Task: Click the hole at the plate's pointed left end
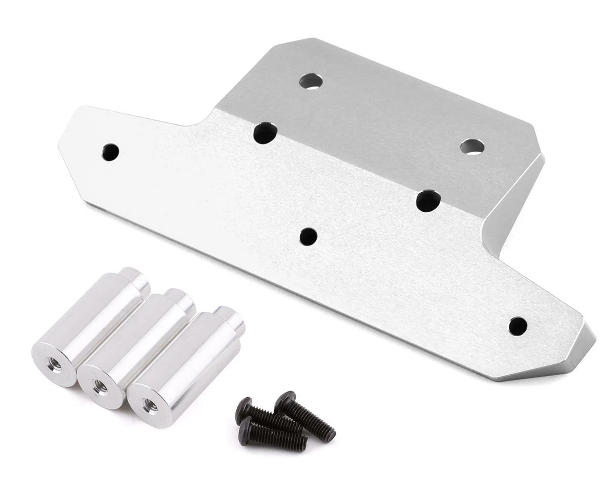point(110,151)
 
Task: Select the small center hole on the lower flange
point(308,236)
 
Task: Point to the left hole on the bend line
point(265,133)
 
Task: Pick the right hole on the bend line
point(428,200)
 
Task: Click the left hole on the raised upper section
point(311,81)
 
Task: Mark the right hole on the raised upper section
point(472,147)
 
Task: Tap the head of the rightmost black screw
point(285,401)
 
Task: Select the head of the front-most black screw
point(248,425)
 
